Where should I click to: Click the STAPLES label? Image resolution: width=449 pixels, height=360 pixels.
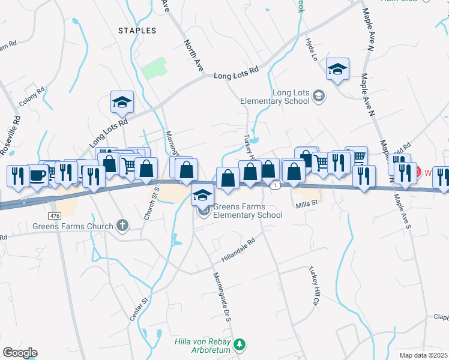tap(137, 30)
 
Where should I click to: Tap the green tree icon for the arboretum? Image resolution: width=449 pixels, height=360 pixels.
tap(240, 344)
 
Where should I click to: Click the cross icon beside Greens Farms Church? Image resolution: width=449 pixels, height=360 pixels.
tap(122, 226)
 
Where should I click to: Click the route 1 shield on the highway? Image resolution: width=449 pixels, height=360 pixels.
tap(275, 186)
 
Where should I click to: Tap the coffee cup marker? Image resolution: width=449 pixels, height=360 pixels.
tap(38, 175)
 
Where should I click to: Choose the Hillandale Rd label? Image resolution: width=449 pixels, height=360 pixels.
tap(239, 248)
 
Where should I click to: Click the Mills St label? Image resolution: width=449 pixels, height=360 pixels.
tap(306, 205)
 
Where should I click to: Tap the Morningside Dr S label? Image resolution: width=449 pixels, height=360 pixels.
tap(221, 297)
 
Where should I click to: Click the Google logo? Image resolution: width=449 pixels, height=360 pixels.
tap(20, 353)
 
